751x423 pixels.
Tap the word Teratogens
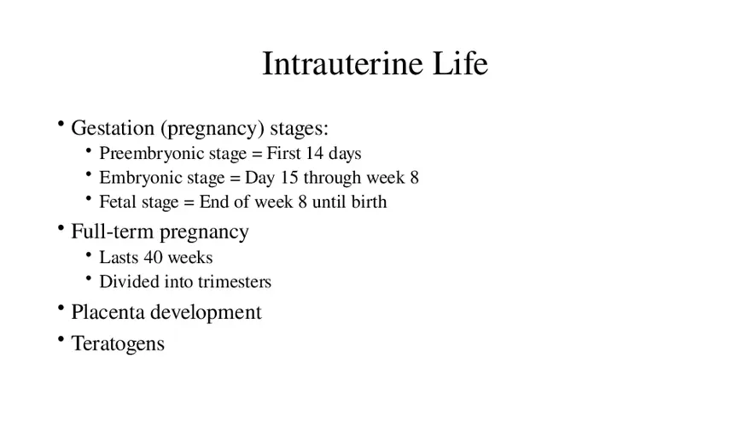118,344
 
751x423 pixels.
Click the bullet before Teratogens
61,340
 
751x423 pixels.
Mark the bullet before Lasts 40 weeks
90,255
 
